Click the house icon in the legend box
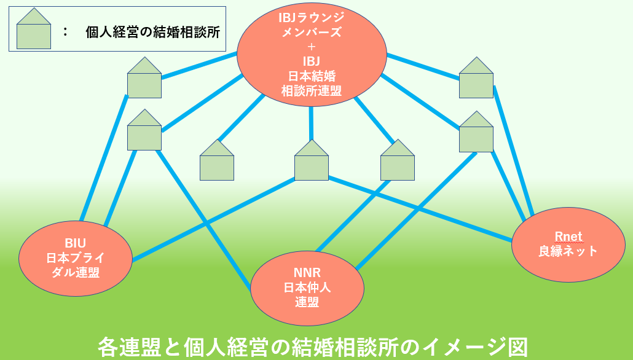[x=34, y=32]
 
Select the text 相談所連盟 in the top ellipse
[x=312, y=91]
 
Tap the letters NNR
[x=307, y=273]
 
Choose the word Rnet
[x=568, y=237]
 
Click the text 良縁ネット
[x=568, y=251]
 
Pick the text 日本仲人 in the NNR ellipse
[x=307, y=287]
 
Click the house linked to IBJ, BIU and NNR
[x=144, y=133]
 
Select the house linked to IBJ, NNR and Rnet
[x=476, y=135]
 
